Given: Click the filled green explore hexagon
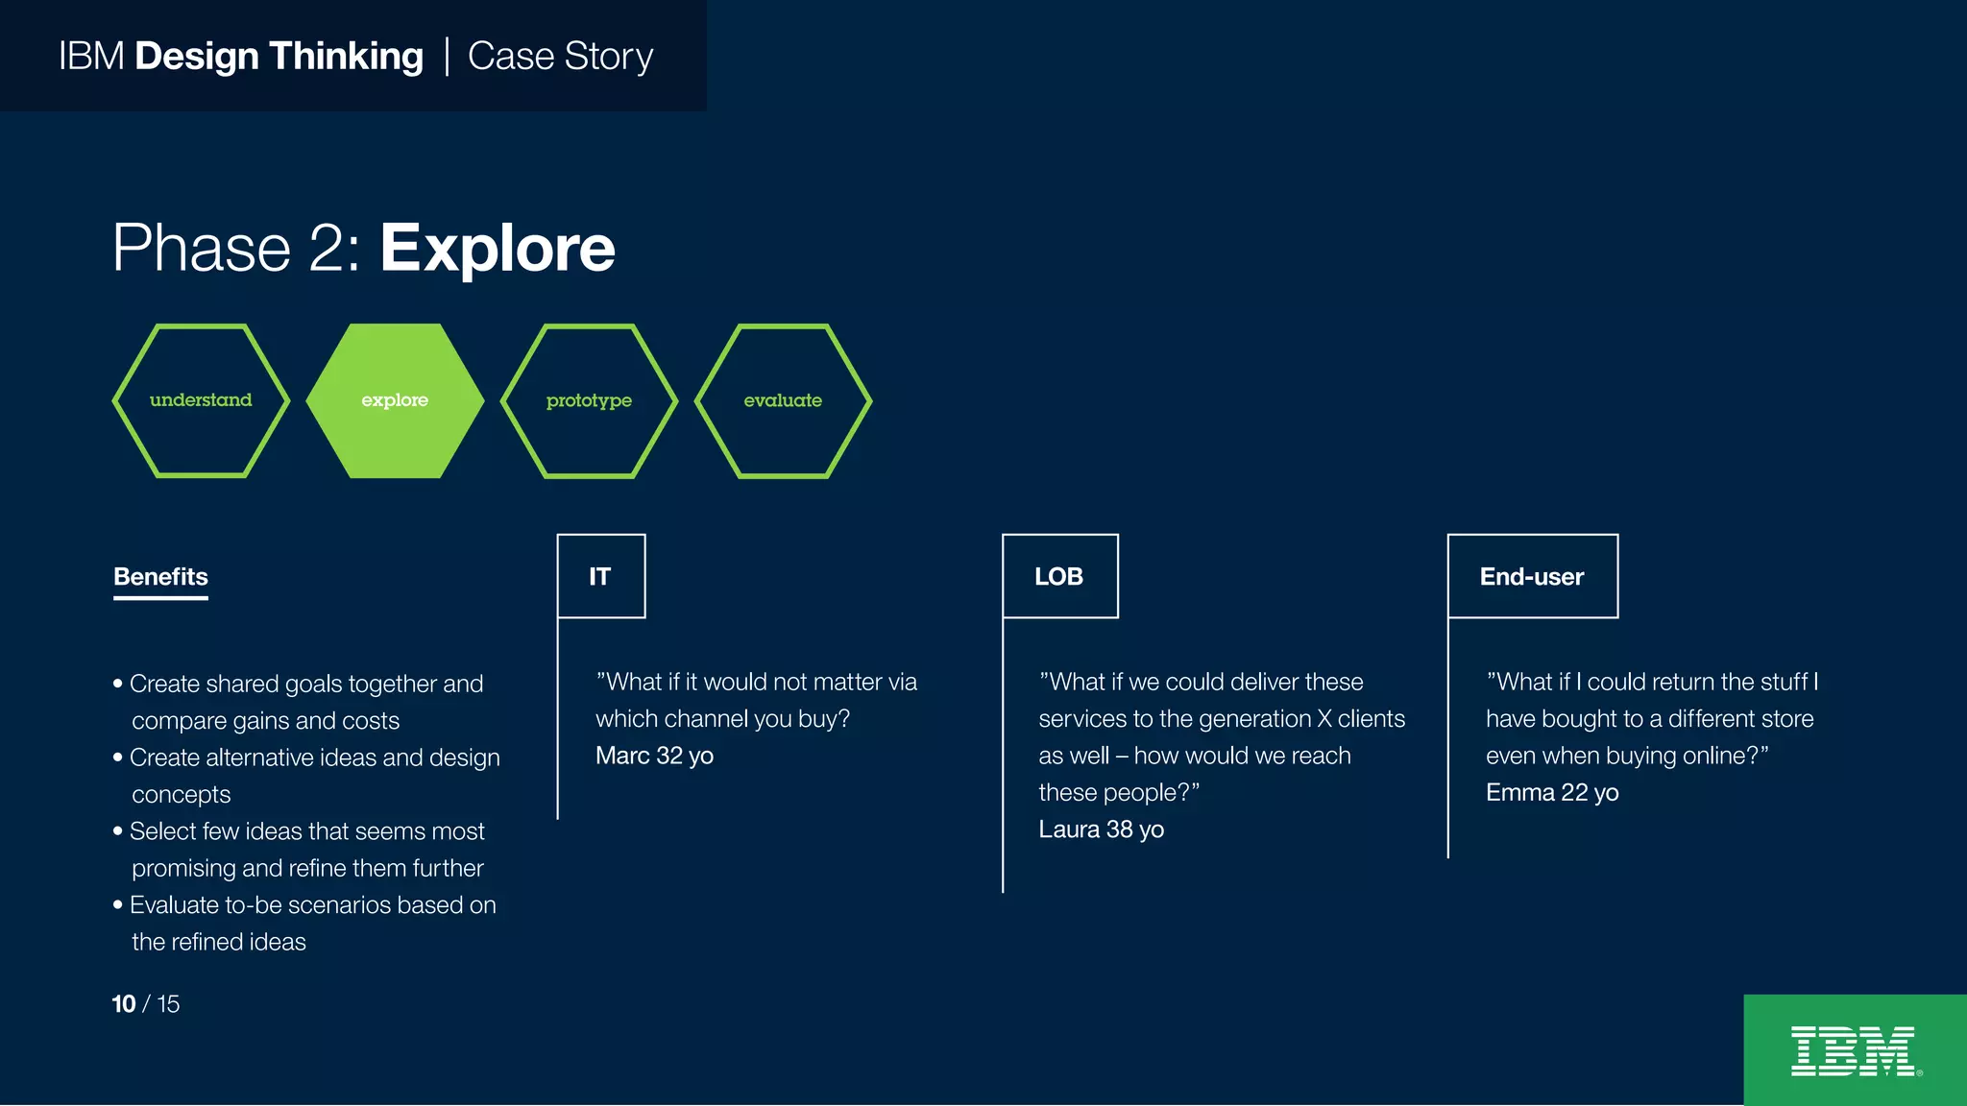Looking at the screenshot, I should (x=395, y=400).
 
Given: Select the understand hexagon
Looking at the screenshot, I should (x=201, y=400).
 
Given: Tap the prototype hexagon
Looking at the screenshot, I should (x=589, y=400).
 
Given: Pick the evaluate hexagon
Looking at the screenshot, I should (x=783, y=400).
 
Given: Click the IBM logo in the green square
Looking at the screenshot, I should (x=1855, y=1051).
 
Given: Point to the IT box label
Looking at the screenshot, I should (x=600, y=576).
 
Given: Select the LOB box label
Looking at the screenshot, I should (x=1059, y=576).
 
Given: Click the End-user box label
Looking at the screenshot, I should (x=1532, y=576).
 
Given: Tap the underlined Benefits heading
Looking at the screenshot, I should (x=160, y=577).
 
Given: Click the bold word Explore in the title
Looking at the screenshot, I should (x=498, y=249).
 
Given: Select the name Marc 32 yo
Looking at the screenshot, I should (x=654, y=756).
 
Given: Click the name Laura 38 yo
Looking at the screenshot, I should (x=1101, y=829).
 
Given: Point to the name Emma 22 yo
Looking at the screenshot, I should (x=1552, y=793).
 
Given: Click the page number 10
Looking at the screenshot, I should (x=124, y=1004).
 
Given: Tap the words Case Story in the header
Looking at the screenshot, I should (x=560, y=57).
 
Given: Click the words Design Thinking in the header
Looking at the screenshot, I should (x=279, y=57).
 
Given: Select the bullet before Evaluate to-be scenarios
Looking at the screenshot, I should (x=118, y=905).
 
